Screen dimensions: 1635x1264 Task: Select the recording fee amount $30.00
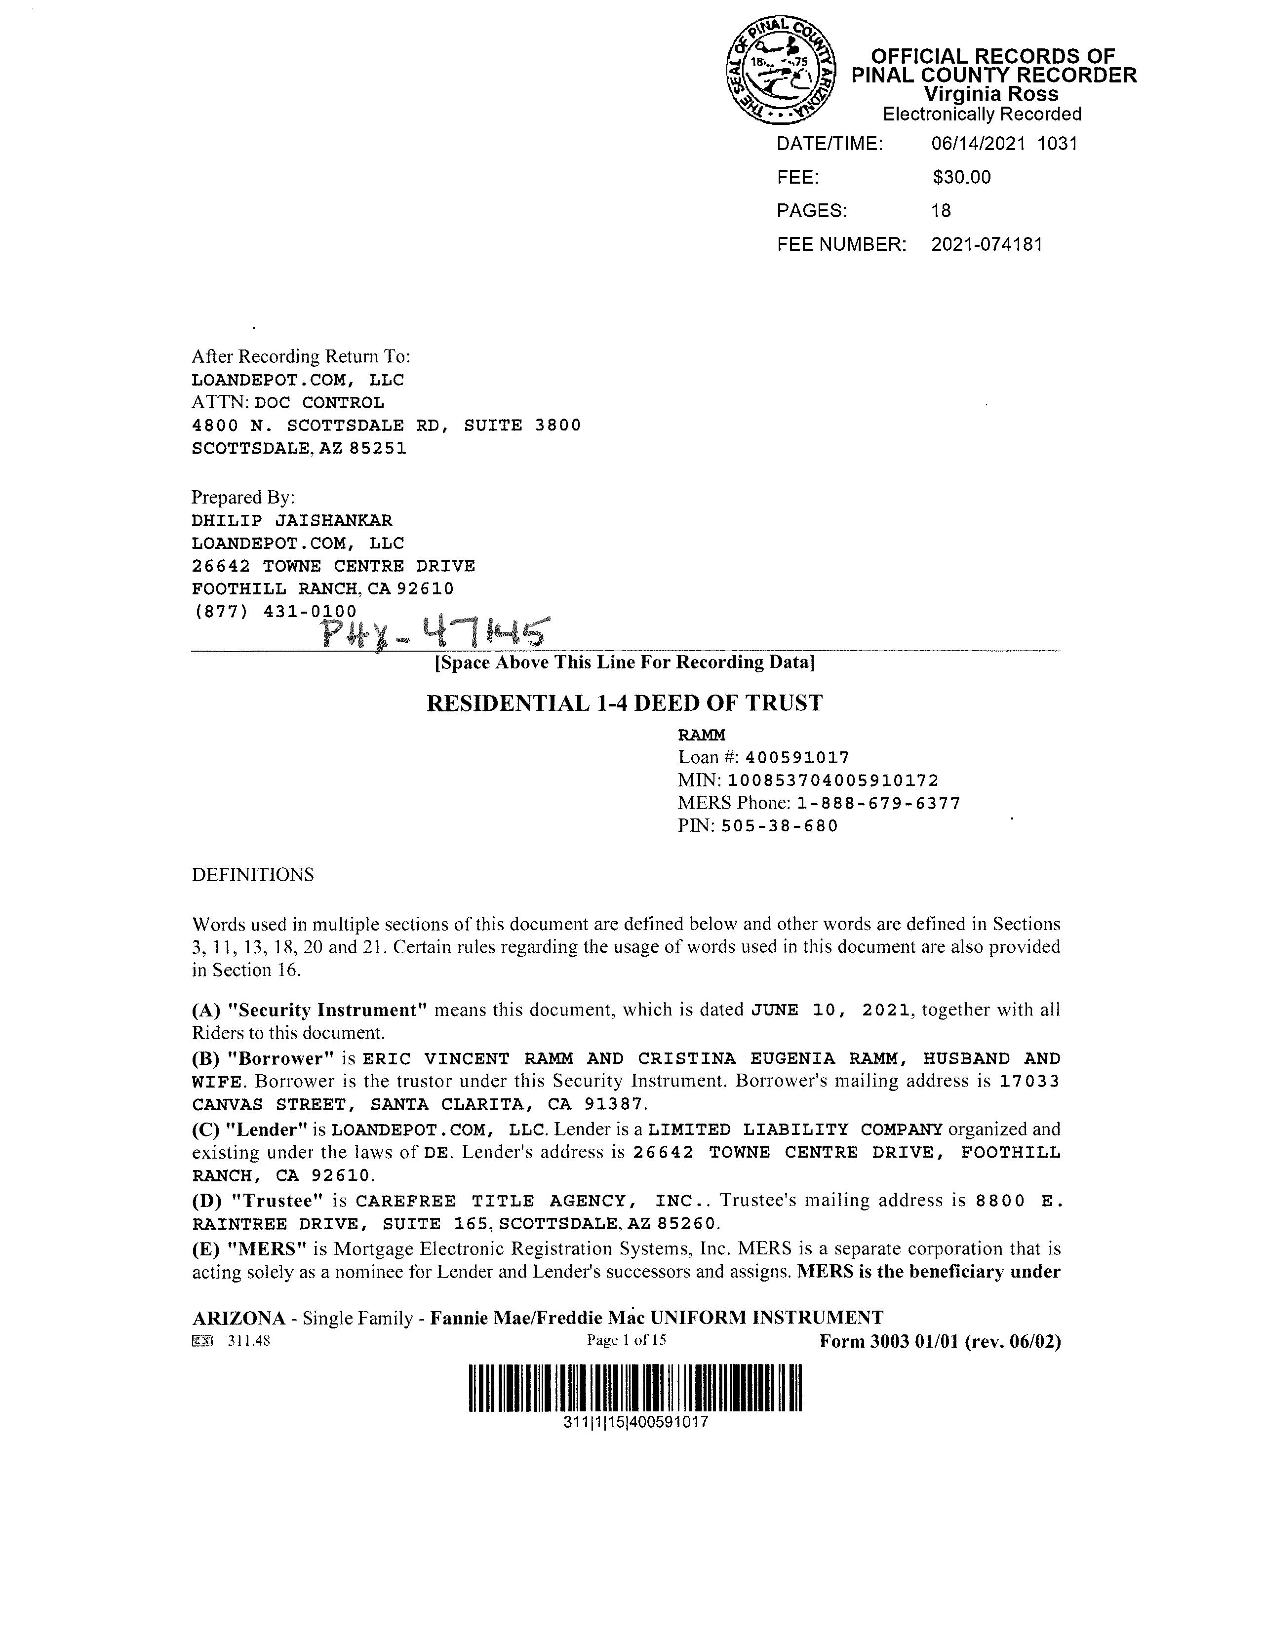(961, 177)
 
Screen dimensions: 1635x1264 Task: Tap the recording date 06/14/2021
(978, 144)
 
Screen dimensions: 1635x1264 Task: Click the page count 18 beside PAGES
(941, 211)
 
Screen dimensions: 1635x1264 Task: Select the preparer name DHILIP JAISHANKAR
(292, 520)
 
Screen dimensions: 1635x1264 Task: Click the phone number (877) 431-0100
(275, 612)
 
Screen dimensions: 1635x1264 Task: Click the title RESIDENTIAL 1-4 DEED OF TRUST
(625, 703)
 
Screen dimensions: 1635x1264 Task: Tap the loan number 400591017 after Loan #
(797, 758)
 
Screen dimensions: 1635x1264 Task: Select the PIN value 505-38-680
(780, 826)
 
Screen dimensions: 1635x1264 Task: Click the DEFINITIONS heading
(252, 875)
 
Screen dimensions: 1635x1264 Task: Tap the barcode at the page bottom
(635, 1389)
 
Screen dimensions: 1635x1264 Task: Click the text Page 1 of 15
(626, 1340)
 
